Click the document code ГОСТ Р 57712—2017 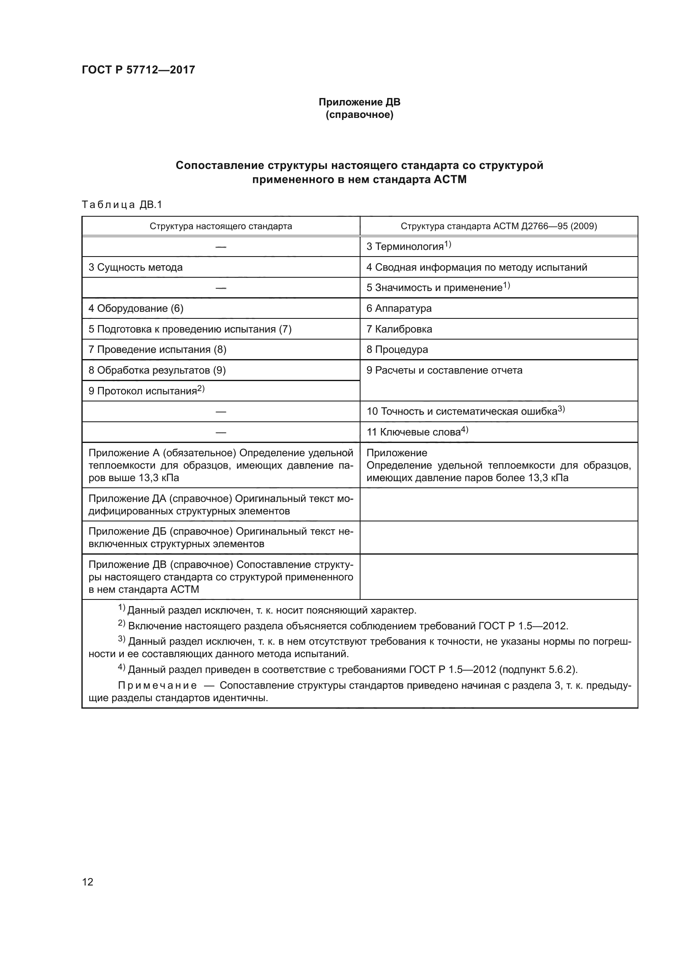tap(138, 70)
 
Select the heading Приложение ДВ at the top tap(359, 102)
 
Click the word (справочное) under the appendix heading tap(359, 115)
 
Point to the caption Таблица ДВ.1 tap(122, 205)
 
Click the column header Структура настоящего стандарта tap(221, 226)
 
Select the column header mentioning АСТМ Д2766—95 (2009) tap(499, 226)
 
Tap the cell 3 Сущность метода tap(135, 267)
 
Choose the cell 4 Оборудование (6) tap(136, 308)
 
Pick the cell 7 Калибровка tap(399, 329)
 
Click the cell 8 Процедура tap(397, 350)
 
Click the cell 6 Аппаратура tap(399, 308)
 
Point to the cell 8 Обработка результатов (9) tap(157, 370)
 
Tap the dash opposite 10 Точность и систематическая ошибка tap(221, 411)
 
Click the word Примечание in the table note tap(157, 685)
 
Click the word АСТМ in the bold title tap(450, 179)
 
